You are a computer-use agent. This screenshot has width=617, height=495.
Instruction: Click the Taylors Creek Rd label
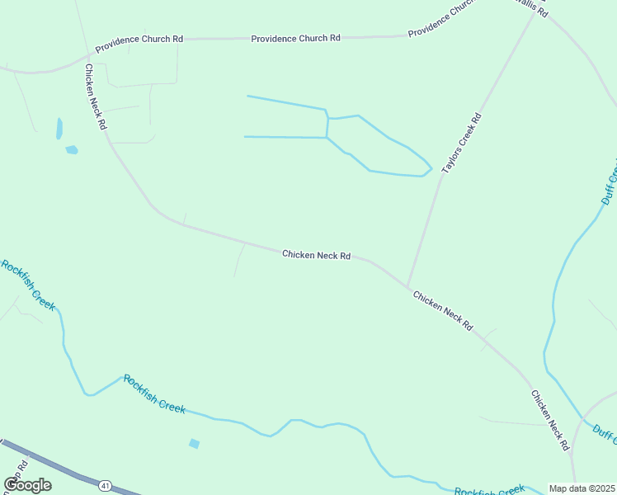(461, 143)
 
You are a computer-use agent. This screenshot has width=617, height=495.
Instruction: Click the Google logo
(28, 485)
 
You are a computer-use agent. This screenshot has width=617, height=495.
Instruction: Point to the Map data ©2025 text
(582, 488)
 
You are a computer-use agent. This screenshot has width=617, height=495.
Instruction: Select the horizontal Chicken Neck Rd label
(317, 255)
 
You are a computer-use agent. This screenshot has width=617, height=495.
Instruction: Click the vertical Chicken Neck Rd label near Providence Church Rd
(96, 97)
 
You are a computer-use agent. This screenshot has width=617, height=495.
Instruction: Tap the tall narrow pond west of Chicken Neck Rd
(59, 129)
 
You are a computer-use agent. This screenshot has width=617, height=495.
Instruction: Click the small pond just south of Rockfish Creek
(194, 444)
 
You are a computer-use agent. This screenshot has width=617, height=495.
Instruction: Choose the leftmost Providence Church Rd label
(139, 44)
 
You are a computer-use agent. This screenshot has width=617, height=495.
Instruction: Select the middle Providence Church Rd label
(295, 38)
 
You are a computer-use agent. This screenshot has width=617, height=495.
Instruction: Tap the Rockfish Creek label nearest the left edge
(27, 285)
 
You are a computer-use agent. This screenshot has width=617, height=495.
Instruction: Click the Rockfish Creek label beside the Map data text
(489, 489)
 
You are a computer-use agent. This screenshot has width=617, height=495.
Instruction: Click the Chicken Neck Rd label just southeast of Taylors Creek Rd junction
(443, 311)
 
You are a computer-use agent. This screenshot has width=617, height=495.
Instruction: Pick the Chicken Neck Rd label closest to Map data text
(550, 420)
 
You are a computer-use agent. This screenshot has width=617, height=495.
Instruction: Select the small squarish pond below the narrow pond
(72, 150)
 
